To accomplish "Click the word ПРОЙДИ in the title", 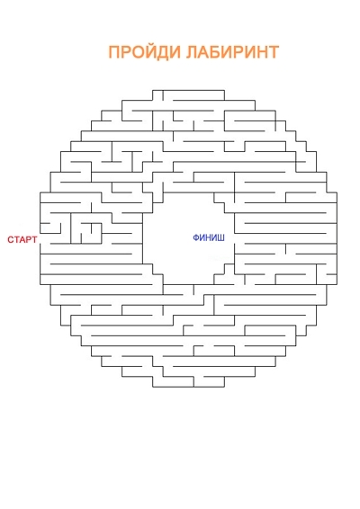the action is point(144,51).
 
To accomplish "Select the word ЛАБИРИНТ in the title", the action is point(232,52).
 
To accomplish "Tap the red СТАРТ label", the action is point(22,240).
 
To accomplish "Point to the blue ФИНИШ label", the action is point(209,238).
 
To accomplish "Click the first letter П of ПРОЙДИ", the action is point(114,52).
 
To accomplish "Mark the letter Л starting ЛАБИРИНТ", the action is point(192,52).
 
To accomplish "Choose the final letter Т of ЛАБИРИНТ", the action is point(274,52).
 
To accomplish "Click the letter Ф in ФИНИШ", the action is point(196,238).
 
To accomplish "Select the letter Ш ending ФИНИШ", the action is point(220,238).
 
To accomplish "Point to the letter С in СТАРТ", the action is point(11,240).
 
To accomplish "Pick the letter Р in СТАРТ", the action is point(28,240).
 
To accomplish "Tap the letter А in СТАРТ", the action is point(22,240).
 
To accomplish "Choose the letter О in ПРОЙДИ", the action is point(136,52).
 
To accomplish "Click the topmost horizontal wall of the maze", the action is point(188,90).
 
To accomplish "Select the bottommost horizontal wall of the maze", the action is point(188,387).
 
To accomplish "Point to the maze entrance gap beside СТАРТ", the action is point(40,238).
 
